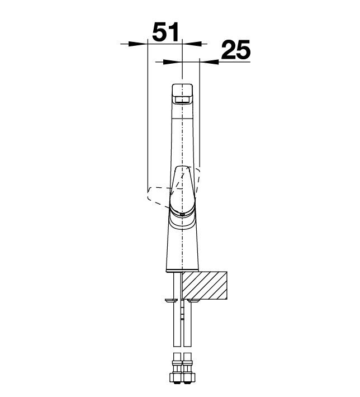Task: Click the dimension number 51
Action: [165, 32]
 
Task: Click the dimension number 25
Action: [236, 50]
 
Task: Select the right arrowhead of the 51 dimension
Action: [192, 44]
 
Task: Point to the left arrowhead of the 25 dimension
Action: [172, 62]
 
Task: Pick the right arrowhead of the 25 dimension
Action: [209, 62]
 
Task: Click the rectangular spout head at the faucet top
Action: [182, 94]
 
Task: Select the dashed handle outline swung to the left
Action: [159, 196]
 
